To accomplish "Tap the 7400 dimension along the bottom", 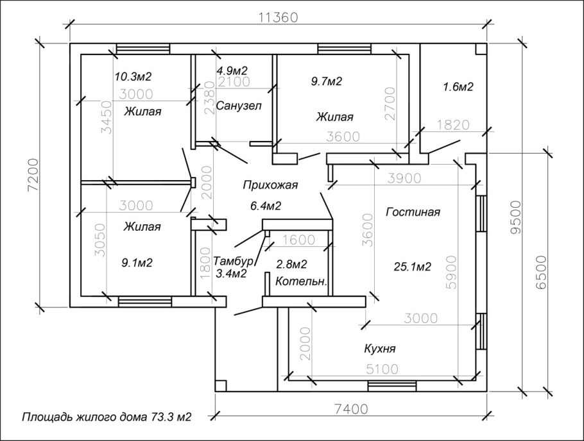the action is [x=350, y=409].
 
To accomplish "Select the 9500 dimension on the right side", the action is [x=515, y=217].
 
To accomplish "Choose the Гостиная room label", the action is [x=413, y=212].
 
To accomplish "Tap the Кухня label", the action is [x=379, y=349].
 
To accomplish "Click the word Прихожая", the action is [x=270, y=185].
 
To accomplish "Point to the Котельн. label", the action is [x=302, y=282].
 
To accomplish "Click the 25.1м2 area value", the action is [x=412, y=267].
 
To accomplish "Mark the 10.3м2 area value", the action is [x=133, y=77].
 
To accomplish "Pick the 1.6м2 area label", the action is [x=458, y=87].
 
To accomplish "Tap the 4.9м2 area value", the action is [x=232, y=71].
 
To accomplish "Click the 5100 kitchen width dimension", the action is [x=382, y=369].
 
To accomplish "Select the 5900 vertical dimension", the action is [x=451, y=272].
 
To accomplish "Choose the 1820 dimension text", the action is [x=453, y=125].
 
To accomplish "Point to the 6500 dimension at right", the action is [x=541, y=272].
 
